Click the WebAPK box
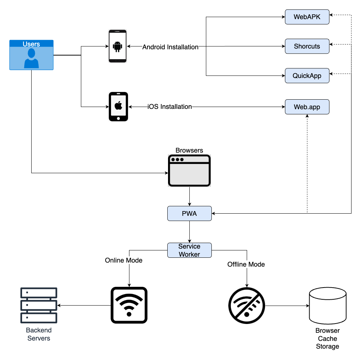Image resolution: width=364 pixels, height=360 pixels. pyautogui.click(x=307, y=17)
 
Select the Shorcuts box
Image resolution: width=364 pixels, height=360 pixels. pyautogui.click(x=307, y=46)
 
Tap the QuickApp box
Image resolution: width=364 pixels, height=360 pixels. pyautogui.click(x=307, y=76)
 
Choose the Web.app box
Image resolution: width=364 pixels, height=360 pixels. pyautogui.click(x=307, y=107)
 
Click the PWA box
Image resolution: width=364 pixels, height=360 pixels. pyautogui.click(x=189, y=213)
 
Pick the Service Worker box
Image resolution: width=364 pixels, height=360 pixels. pyautogui.click(x=189, y=250)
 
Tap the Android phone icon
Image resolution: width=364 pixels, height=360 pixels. pyautogui.click(x=118, y=46)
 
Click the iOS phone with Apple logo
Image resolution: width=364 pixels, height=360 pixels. pyautogui.click(x=118, y=107)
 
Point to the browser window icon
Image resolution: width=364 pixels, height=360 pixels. pyautogui.click(x=189, y=171)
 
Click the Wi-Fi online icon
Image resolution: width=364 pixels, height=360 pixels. pyautogui.click(x=129, y=305)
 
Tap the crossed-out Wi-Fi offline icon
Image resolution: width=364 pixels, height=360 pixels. pyautogui.click(x=247, y=306)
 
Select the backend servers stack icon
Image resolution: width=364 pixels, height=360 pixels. pyautogui.click(x=39, y=305)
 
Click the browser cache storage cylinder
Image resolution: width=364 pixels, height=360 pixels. pyautogui.click(x=328, y=306)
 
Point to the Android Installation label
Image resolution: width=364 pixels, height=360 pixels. pyautogui.click(x=170, y=47)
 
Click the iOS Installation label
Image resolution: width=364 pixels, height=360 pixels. pyautogui.click(x=170, y=107)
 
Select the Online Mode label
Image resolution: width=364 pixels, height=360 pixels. pyautogui.click(x=124, y=260)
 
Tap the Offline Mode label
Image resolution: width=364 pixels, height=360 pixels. pyautogui.click(x=246, y=264)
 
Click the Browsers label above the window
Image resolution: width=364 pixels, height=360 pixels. pyautogui.click(x=189, y=150)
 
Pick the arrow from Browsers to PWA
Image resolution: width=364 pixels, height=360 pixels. pyautogui.click(x=189, y=196)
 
